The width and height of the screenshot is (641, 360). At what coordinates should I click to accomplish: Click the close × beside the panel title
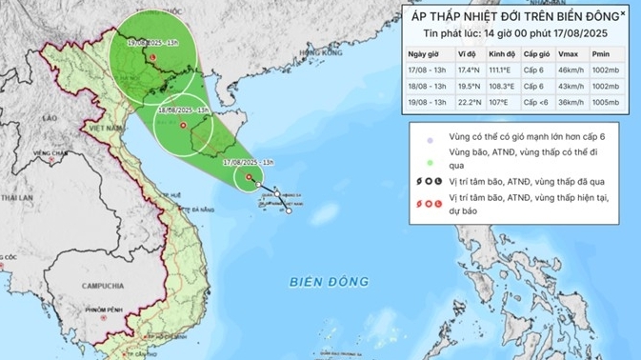[624, 14]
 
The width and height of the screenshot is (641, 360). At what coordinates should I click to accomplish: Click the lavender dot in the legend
[431, 140]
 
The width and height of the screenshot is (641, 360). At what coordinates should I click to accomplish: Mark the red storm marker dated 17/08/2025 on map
[250, 177]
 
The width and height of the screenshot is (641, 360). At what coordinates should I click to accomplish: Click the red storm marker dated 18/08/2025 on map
[183, 124]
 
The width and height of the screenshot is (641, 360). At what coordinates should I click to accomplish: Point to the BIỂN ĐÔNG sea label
[329, 282]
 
